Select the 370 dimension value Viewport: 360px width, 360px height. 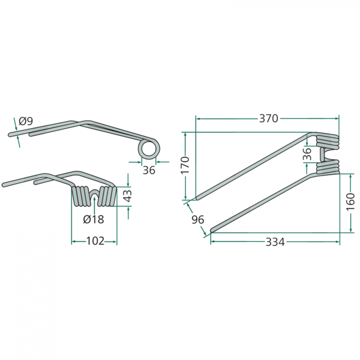[268, 118]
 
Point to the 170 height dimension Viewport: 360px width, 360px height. [186, 166]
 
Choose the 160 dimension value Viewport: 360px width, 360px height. [351, 202]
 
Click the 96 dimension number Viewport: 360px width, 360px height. [198, 220]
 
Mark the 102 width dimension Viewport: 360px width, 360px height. [94, 241]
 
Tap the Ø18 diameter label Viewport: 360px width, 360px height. [94, 220]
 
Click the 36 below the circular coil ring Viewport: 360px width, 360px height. [149, 170]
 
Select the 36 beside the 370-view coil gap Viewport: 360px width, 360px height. [308, 154]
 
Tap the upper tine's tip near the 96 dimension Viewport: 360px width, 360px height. [197, 197]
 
